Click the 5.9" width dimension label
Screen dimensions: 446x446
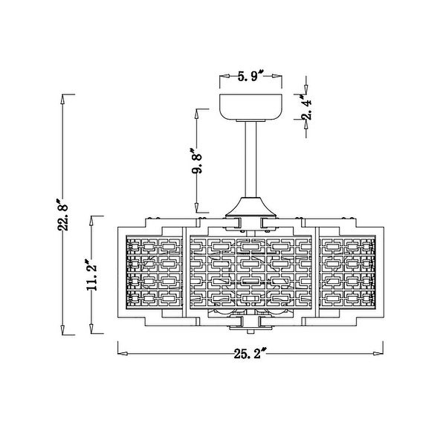click(251, 76)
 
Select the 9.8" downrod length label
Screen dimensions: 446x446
click(196, 160)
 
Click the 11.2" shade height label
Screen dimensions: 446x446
click(92, 274)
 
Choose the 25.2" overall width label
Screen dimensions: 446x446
click(251, 353)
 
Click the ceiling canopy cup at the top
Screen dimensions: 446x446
click(251, 107)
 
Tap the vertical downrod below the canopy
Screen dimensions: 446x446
click(251, 159)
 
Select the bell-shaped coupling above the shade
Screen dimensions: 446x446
click(251, 207)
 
